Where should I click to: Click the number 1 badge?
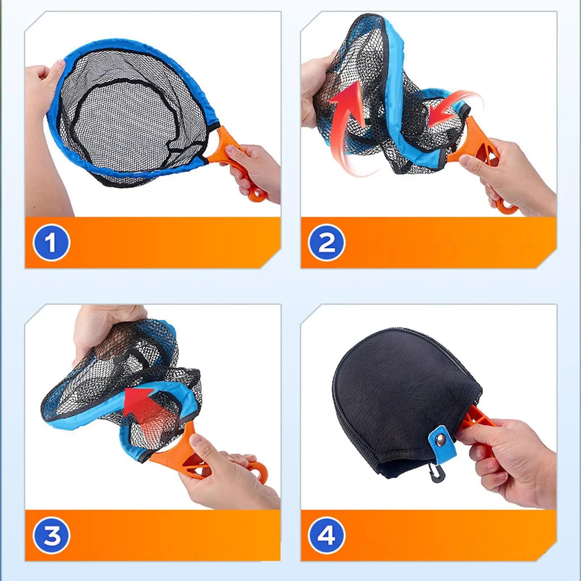tap(51, 242)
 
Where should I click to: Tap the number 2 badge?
tap(327, 242)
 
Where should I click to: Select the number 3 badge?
tap(51, 535)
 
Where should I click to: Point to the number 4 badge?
tap(327, 535)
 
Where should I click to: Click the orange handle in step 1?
tap(236, 160)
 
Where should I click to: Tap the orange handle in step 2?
tap(479, 152)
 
